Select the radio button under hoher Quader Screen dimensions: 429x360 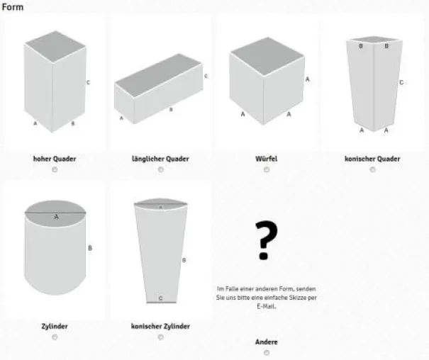pos(55,169)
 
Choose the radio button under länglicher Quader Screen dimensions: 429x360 pos(161,169)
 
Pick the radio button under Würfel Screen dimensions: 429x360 pos(267,169)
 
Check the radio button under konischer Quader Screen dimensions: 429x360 pos(372,169)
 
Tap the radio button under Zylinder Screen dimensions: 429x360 pos(55,337)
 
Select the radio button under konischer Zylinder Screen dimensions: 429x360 pos(161,337)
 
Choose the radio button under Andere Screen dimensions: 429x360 pos(267,353)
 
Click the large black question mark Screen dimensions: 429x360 pos(265,240)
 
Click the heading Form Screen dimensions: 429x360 pos(13,7)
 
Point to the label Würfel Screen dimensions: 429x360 pos(266,159)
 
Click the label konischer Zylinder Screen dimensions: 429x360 pos(160,326)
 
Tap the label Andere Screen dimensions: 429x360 pos(266,342)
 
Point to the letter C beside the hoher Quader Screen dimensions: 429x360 pos(88,82)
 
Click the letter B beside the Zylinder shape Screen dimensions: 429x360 pos(90,248)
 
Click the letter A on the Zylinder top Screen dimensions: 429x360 pos(56,217)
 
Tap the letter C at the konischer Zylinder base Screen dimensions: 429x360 pos(160,298)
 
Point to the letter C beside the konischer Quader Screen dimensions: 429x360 pos(401,82)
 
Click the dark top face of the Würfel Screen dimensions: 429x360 pos(267,56)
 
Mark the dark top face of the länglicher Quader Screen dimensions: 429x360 pos(159,75)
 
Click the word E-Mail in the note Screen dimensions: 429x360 pos(266,306)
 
